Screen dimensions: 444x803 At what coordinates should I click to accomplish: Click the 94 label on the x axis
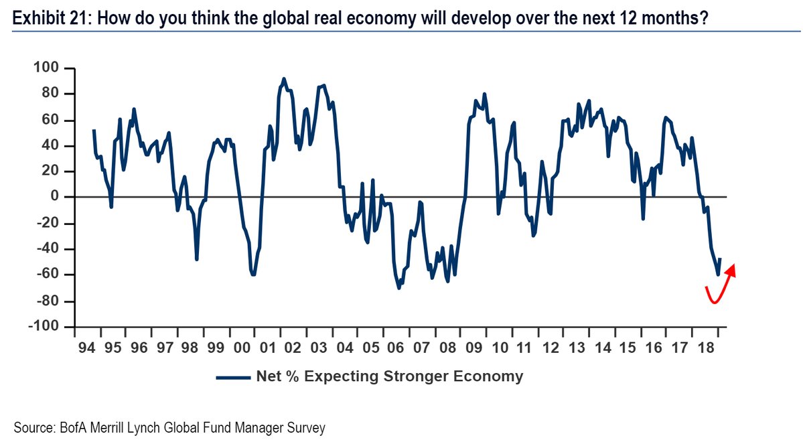pos(85,349)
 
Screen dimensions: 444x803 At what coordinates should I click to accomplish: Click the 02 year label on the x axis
pos(291,349)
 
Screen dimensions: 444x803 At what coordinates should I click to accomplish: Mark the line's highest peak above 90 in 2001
pos(284,78)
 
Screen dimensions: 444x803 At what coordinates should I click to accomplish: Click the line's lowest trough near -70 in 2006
pos(398,288)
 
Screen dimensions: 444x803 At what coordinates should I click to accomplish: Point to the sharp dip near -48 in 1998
pos(197,259)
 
